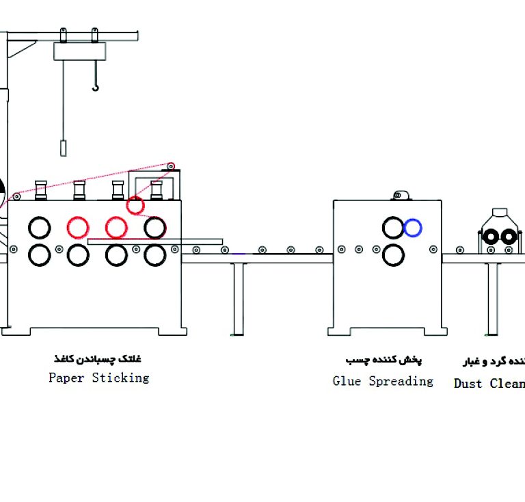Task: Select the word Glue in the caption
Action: point(347,381)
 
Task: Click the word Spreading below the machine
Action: point(401,382)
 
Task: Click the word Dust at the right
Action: point(468,383)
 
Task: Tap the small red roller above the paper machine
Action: point(135,204)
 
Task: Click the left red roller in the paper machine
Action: point(78,226)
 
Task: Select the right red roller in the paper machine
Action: point(116,226)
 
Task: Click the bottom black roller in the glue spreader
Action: point(393,255)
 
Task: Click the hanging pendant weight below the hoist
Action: point(64,148)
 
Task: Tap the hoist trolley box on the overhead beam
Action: point(81,51)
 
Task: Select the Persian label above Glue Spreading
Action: point(383,360)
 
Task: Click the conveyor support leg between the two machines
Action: point(239,294)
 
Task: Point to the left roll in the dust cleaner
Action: point(490,237)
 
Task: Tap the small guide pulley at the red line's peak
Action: point(170,166)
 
